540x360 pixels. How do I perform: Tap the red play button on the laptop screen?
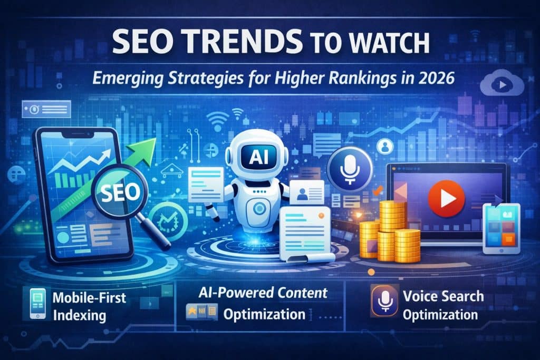(442, 198)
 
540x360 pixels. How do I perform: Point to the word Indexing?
(79, 316)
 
